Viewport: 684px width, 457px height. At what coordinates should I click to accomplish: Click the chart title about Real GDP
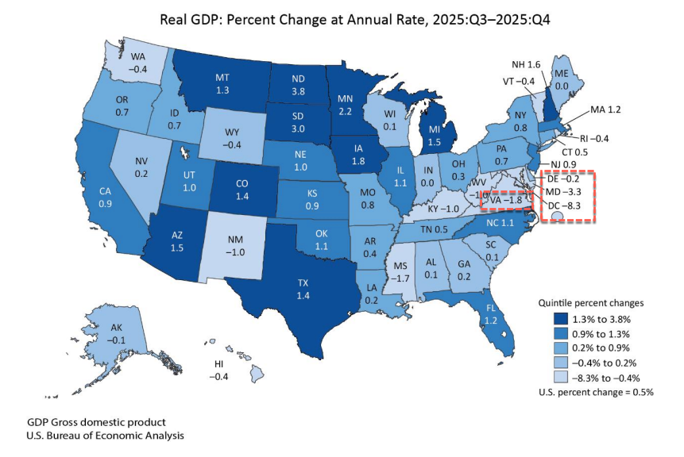tap(341, 19)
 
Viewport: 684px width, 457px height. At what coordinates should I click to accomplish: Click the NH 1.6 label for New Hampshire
tap(526, 63)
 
